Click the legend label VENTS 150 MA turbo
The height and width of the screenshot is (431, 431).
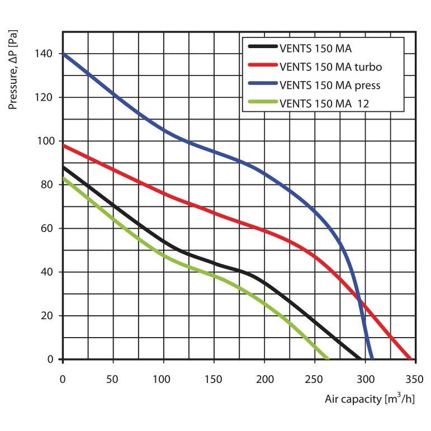(330, 67)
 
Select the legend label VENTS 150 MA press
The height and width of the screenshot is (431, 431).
(330, 86)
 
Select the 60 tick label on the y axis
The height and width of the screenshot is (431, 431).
(47, 228)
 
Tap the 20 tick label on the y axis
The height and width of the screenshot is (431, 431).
(47, 316)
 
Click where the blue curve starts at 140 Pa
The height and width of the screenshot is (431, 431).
(63, 54)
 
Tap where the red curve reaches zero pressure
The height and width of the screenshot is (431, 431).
(411, 359)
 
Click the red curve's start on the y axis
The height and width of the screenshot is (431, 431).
(63, 145)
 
